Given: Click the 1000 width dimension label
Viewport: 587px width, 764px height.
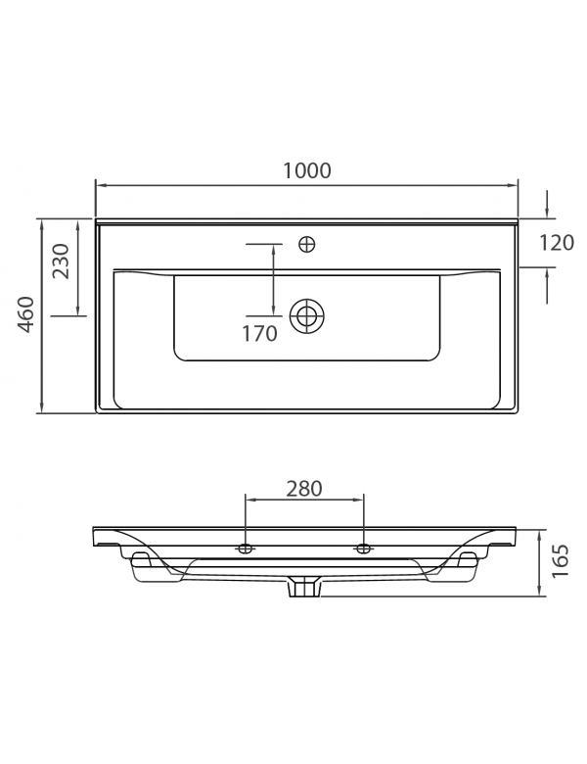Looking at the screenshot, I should pyautogui.click(x=306, y=169).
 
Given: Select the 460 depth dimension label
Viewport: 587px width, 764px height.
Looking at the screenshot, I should pyautogui.click(x=26, y=314).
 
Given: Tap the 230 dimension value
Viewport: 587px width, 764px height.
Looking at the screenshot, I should pyautogui.click(x=61, y=263).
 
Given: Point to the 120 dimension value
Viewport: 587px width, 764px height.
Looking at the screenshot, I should pyautogui.click(x=556, y=243).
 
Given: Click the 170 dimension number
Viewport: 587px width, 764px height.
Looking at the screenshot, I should pyautogui.click(x=259, y=333).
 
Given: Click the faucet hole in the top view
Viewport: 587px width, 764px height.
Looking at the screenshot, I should pyautogui.click(x=307, y=244).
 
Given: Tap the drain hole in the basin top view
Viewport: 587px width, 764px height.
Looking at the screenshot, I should pyautogui.click(x=307, y=314).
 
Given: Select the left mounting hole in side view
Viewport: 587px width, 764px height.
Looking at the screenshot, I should pyautogui.click(x=245, y=548).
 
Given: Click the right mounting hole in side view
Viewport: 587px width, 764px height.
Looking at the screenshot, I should pyautogui.click(x=364, y=548).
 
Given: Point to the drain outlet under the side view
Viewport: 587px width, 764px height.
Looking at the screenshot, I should pyautogui.click(x=306, y=588).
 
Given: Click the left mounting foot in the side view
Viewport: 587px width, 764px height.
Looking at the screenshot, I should pyautogui.click(x=139, y=559).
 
